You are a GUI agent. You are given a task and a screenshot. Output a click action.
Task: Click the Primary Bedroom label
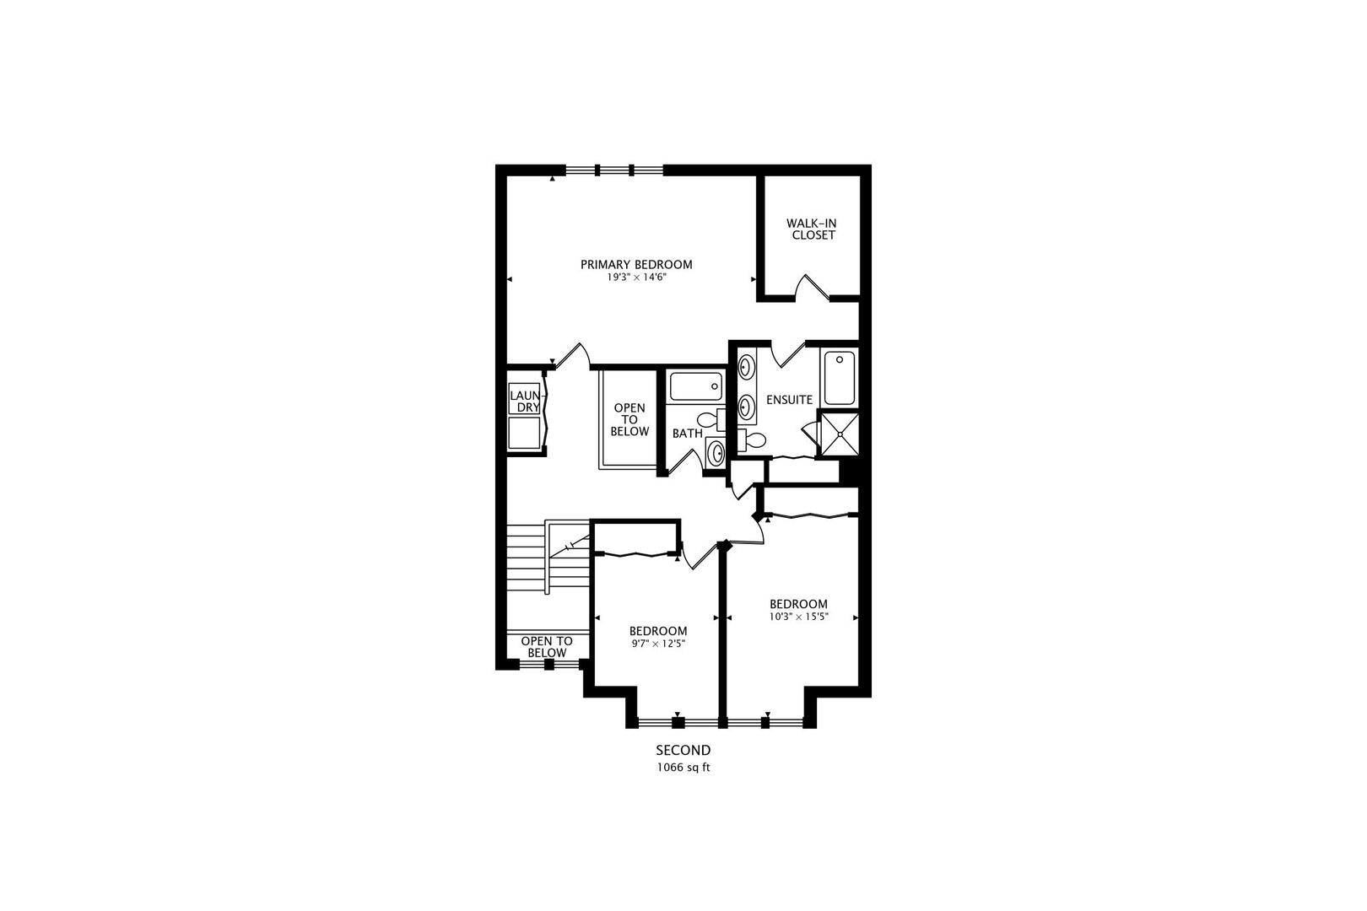pyautogui.click(x=636, y=265)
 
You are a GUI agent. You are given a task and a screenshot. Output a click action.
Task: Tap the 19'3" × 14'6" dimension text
pyautogui.click(x=636, y=278)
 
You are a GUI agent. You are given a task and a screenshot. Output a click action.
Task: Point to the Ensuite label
pyautogui.click(x=789, y=400)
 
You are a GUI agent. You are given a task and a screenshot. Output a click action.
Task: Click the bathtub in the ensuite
pyautogui.click(x=840, y=378)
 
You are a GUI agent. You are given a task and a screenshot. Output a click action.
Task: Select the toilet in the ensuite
pyautogui.click(x=753, y=439)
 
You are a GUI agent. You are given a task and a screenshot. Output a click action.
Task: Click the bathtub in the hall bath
pyautogui.click(x=695, y=387)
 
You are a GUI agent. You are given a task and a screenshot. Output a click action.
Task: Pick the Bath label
pyautogui.click(x=687, y=434)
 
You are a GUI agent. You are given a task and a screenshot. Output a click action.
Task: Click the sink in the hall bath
pyautogui.click(x=716, y=453)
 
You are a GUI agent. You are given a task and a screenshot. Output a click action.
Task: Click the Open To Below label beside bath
pyautogui.click(x=629, y=419)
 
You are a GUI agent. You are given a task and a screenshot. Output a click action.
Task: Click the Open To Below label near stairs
pyautogui.click(x=546, y=647)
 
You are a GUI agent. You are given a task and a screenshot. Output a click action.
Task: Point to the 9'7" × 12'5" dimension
pyautogui.click(x=658, y=644)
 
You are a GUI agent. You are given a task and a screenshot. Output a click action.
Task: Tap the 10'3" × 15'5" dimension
pyautogui.click(x=798, y=617)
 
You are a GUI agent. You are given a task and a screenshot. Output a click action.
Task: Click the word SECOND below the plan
pyautogui.click(x=683, y=750)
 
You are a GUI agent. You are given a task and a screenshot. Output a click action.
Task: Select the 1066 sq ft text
pyautogui.click(x=683, y=768)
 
